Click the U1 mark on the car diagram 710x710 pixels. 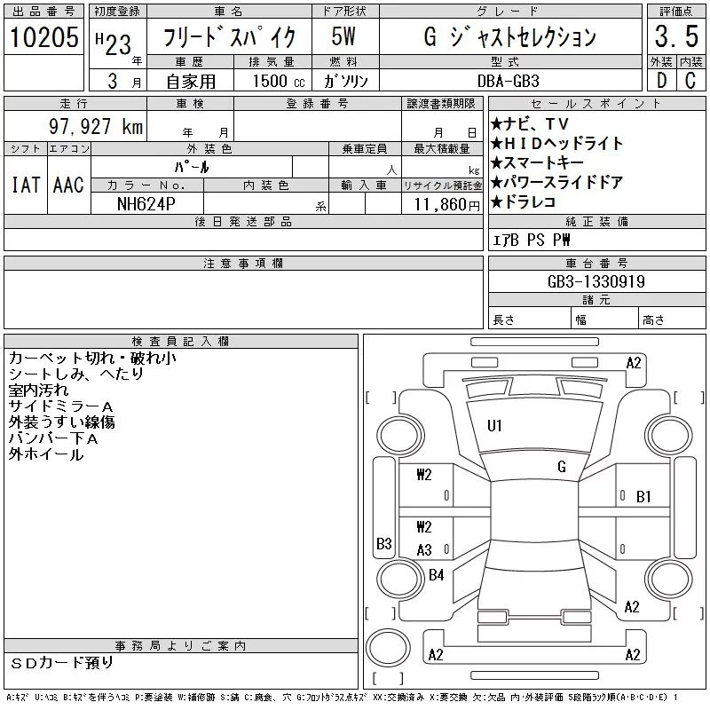[494, 426]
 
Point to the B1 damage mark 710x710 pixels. [643, 497]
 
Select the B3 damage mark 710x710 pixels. [383, 543]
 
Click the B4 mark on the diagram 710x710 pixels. [436, 575]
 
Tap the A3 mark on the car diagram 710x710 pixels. [424, 550]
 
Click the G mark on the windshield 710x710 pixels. [561, 467]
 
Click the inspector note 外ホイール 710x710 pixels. [46, 454]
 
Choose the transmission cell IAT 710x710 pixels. [25, 185]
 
